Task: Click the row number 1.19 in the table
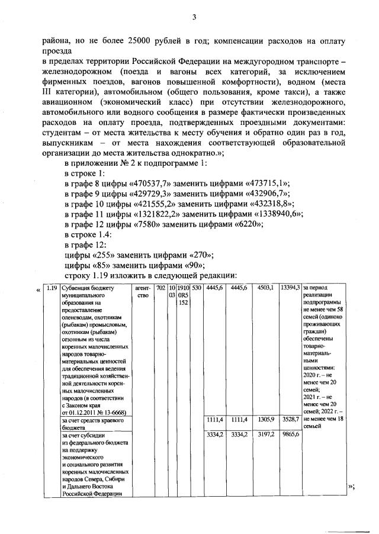[x=52, y=288]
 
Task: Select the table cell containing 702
[x=161, y=288]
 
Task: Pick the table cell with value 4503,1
[x=265, y=288]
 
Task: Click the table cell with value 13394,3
[x=290, y=288]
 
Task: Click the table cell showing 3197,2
[x=265, y=435]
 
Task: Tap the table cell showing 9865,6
[x=290, y=435]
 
